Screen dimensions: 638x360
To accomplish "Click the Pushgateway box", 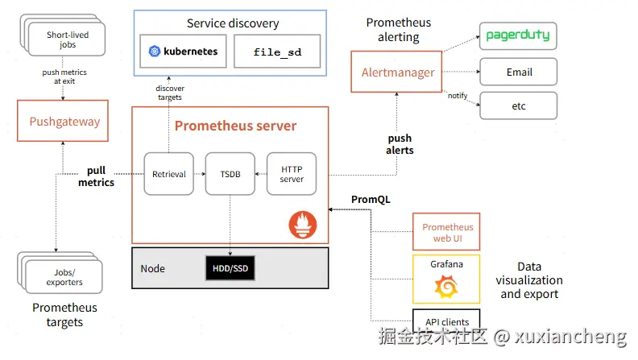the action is coord(63,121).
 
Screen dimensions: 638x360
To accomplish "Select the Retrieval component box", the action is coord(169,174).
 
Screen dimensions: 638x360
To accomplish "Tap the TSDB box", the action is coord(230,174).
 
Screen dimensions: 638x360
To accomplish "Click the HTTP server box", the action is coord(292,174).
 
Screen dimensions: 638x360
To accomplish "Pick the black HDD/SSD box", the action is coord(230,268).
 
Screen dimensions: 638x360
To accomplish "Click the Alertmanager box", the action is coord(396,72).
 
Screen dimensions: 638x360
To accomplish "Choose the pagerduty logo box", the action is coord(518,35).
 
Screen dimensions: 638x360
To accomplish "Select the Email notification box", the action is coord(519,72).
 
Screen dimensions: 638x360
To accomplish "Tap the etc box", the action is coord(519,106).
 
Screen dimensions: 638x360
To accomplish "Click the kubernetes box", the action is coord(183,52).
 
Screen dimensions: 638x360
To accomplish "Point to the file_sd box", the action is coord(277,52).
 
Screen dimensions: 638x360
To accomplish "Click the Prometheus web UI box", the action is coord(446,232).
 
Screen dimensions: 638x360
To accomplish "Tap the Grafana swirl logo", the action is coord(446,287).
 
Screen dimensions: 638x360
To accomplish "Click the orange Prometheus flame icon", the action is coord(303,225).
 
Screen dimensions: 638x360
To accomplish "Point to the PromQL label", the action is coord(371,199).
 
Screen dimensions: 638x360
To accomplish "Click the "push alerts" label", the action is coord(400,144).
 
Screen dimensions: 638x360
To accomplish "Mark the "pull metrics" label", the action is coord(96,176).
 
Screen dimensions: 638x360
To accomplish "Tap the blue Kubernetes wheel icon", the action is coord(155,52).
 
